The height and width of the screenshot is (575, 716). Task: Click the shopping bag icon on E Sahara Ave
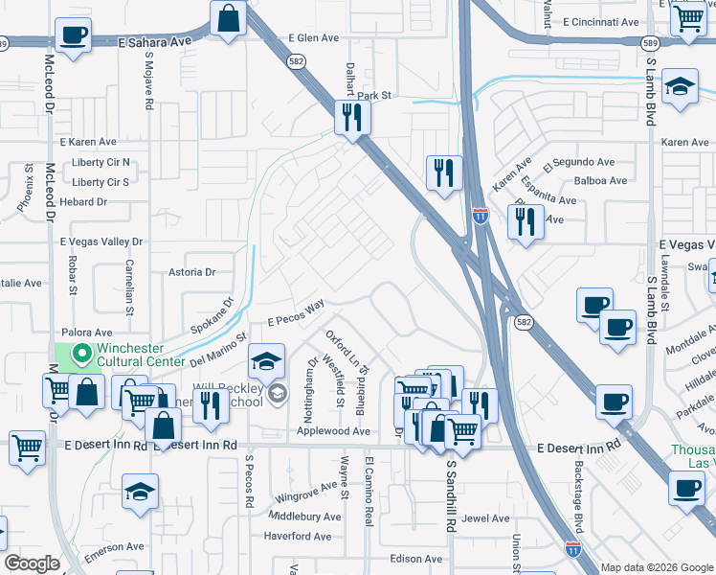tap(229, 19)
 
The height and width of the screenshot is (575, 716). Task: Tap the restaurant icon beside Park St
tap(352, 118)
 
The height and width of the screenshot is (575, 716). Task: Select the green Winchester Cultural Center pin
tap(83, 356)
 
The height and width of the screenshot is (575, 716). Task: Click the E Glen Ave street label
tap(314, 38)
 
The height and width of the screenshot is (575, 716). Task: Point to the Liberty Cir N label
tap(101, 163)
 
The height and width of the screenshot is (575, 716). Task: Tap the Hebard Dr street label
tap(82, 202)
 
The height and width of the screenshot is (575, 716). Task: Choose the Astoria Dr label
tap(192, 272)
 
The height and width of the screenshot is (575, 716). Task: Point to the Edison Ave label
tap(416, 559)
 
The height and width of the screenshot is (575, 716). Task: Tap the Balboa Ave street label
tap(600, 180)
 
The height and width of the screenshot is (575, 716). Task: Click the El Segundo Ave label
tap(579, 163)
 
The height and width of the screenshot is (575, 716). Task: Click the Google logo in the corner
tap(32, 563)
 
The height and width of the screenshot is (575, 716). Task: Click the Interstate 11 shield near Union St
tap(572, 549)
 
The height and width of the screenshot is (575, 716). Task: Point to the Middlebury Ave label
tap(305, 517)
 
